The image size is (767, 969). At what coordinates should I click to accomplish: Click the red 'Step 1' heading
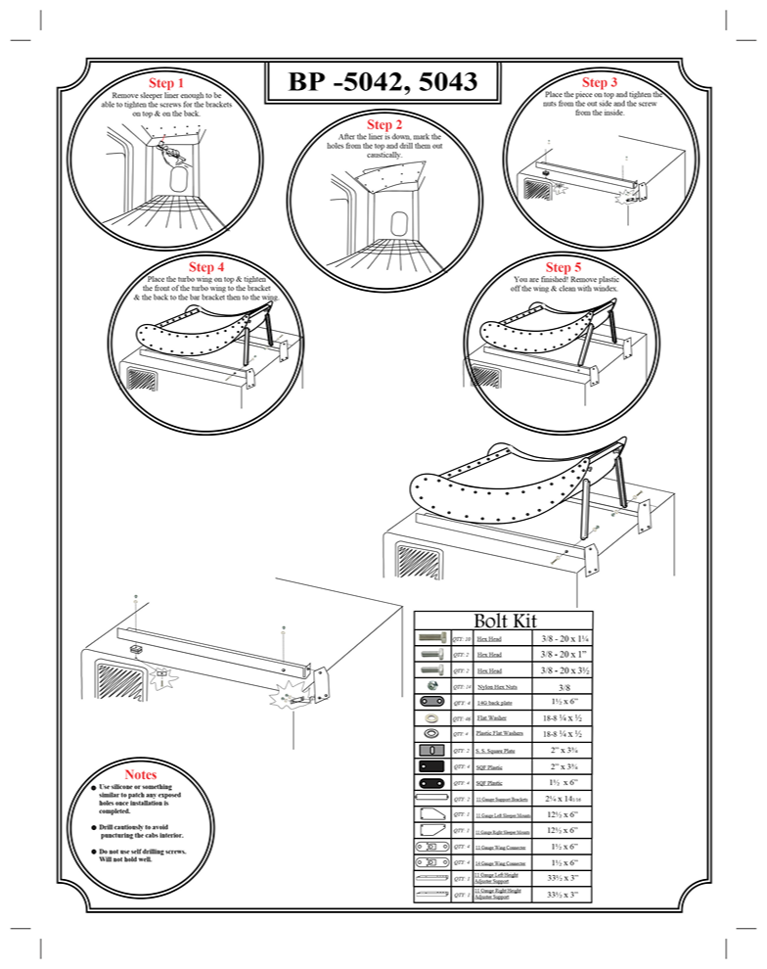(165, 83)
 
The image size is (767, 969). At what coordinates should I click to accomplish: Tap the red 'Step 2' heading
(384, 124)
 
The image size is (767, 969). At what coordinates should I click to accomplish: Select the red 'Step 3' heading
(599, 83)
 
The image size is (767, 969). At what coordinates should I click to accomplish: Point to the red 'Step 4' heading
(206, 267)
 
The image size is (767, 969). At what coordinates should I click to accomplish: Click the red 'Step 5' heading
(564, 267)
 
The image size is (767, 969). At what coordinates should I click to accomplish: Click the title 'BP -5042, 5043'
(383, 83)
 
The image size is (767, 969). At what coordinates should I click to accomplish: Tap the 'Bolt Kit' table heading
(506, 620)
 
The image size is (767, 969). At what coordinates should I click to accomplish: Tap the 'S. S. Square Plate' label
(497, 750)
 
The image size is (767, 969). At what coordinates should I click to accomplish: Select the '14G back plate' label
(492, 702)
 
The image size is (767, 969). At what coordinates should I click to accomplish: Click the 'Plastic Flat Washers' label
(499, 733)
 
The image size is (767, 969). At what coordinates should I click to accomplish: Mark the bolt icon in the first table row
(432, 637)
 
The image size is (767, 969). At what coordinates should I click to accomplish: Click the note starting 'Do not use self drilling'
(142, 855)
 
